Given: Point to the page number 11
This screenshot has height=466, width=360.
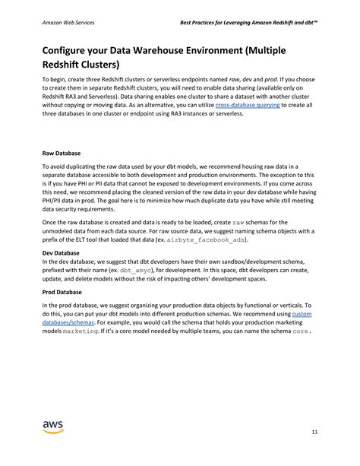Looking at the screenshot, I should (x=314, y=433).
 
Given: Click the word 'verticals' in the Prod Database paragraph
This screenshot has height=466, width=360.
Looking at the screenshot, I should (x=297, y=304).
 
